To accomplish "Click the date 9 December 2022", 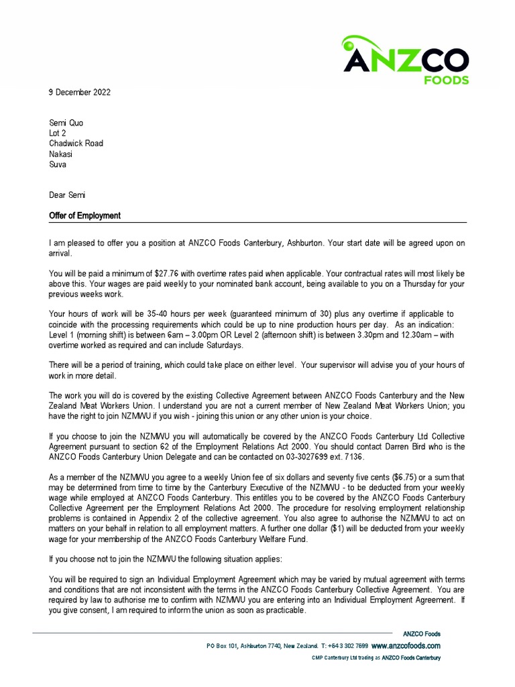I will [80, 93].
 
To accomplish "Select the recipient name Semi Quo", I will [66, 123].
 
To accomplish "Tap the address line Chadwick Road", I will [76, 143].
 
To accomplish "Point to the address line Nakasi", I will [61, 154].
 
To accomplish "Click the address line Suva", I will [58, 164].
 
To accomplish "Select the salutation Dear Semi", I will [67, 195].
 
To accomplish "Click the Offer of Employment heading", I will [84, 216].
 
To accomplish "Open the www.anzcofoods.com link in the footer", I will [406, 645].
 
